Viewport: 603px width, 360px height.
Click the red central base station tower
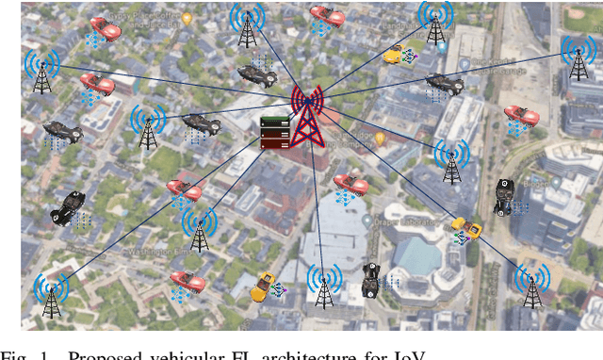307,118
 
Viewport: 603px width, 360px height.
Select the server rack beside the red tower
273,132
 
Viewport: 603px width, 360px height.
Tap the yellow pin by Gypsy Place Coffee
187,18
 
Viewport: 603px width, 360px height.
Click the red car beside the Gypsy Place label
105,29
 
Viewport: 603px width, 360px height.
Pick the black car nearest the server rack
202,123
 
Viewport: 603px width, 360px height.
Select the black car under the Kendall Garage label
443,85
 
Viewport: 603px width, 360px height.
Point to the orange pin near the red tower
381,138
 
